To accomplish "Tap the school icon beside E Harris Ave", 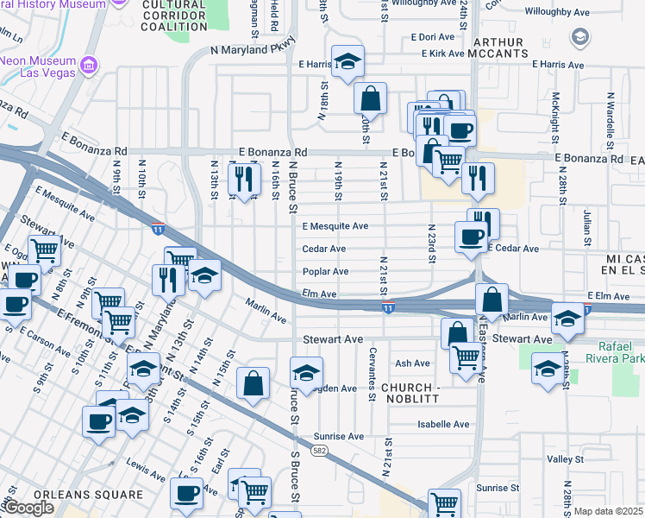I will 348,62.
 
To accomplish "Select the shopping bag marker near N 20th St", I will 370,98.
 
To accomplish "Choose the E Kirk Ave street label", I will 443,54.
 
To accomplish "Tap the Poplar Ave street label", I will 325,272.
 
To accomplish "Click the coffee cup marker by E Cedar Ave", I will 472,237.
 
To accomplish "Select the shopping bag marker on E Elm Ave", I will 492,300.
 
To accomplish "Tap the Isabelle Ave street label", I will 443,425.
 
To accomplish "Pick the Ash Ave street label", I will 412,364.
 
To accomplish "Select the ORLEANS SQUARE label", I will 97,495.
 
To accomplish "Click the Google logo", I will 29,508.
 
